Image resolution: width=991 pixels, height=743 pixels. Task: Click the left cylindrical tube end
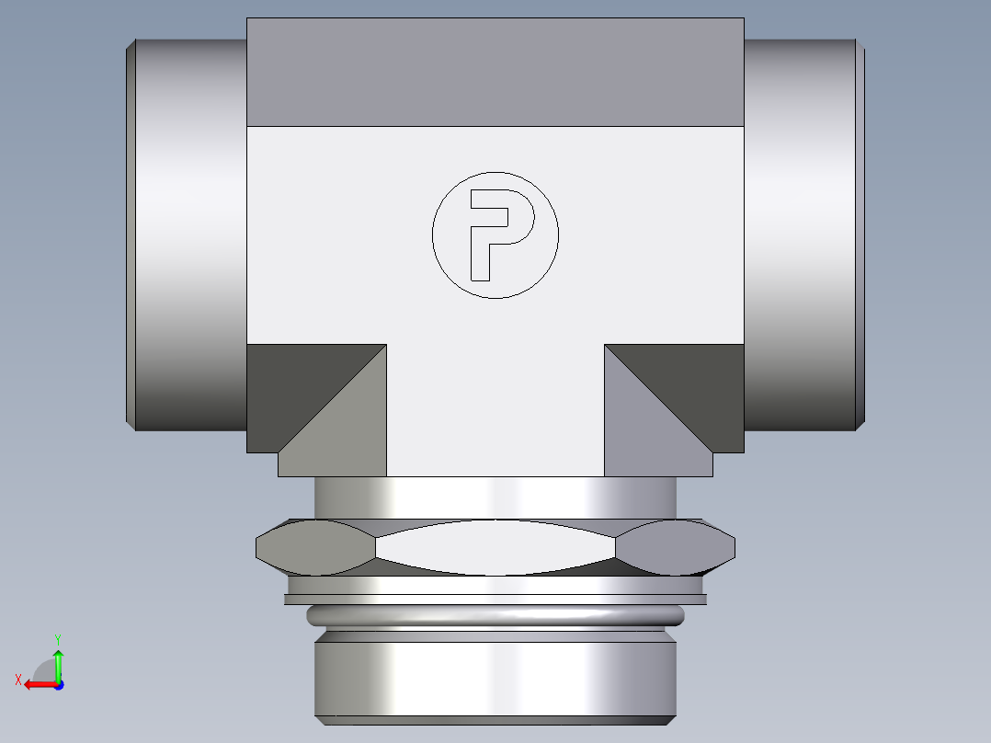click(x=188, y=234)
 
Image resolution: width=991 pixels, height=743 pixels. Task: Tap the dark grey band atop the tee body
click(x=495, y=72)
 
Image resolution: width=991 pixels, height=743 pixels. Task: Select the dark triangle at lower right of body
click(x=703, y=386)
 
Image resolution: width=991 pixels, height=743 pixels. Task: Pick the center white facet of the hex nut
click(x=495, y=547)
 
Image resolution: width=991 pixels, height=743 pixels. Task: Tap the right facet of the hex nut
click(x=676, y=547)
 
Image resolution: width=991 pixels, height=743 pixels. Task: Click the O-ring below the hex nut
click(x=495, y=614)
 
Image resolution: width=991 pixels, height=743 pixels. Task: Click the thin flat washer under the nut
click(x=495, y=600)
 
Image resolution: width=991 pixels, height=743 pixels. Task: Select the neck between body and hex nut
click(x=495, y=497)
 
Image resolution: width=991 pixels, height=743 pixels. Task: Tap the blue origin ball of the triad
click(x=58, y=684)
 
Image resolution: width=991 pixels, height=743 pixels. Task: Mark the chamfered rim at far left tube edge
click(x=131, y=234)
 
